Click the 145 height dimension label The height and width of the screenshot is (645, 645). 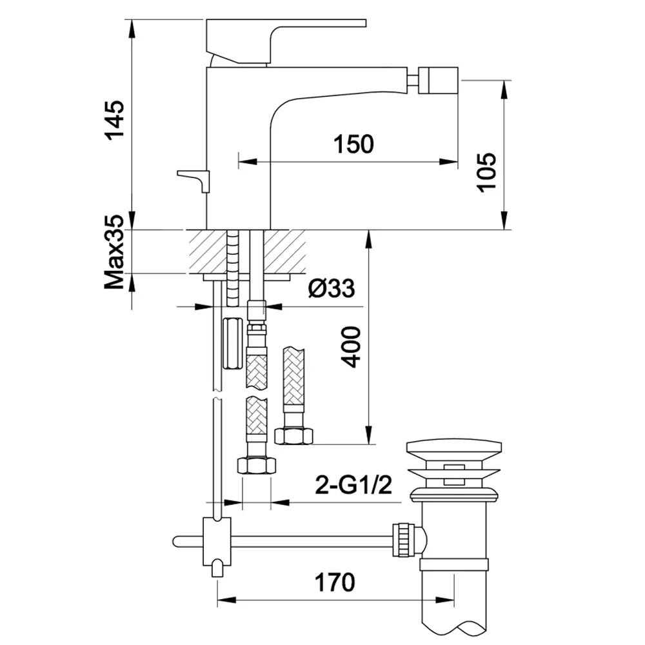coord(114,120)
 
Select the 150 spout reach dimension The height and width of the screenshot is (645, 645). coord(353,144)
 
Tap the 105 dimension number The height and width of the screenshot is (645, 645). coord(486,172)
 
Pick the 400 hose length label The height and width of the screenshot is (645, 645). coord(351,347)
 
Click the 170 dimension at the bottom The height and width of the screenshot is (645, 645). coord(334,582)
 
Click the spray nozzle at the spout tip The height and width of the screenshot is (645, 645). coord(438,80)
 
